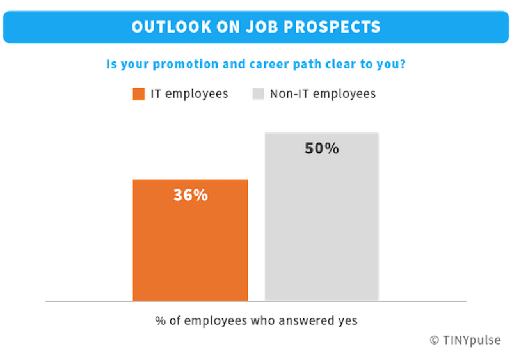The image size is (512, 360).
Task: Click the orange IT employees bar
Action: [x=190, y=249]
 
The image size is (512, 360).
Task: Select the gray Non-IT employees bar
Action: [x=322, y=224]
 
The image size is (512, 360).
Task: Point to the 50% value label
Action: [x=322, y=149]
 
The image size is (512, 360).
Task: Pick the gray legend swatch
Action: [x=258, y=94]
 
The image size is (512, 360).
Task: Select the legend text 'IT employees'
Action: [x=189, y=94]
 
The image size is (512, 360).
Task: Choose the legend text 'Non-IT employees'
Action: [x=323, y=94]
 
